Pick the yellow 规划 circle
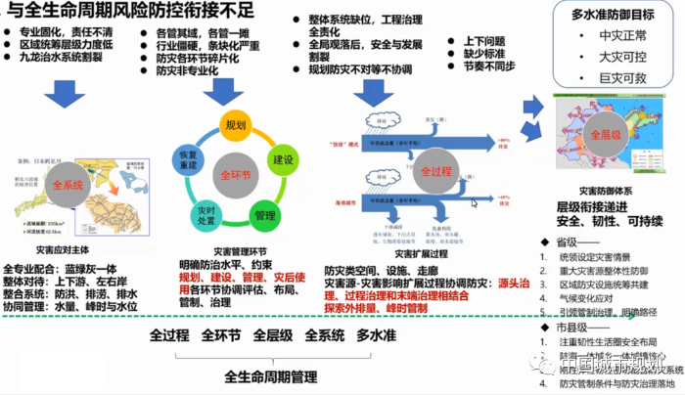234,125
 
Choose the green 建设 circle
284,158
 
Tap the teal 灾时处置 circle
206,218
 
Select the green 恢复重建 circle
188,159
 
